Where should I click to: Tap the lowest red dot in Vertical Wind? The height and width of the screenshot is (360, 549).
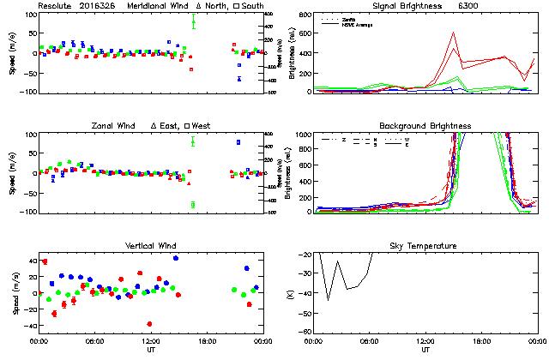coord(149,324)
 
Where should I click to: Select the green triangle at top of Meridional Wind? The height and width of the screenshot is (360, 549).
coord(193,23)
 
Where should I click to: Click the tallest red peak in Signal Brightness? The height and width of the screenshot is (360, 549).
coord(452,33)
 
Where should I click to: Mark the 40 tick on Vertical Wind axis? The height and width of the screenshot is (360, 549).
coord(29,261)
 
